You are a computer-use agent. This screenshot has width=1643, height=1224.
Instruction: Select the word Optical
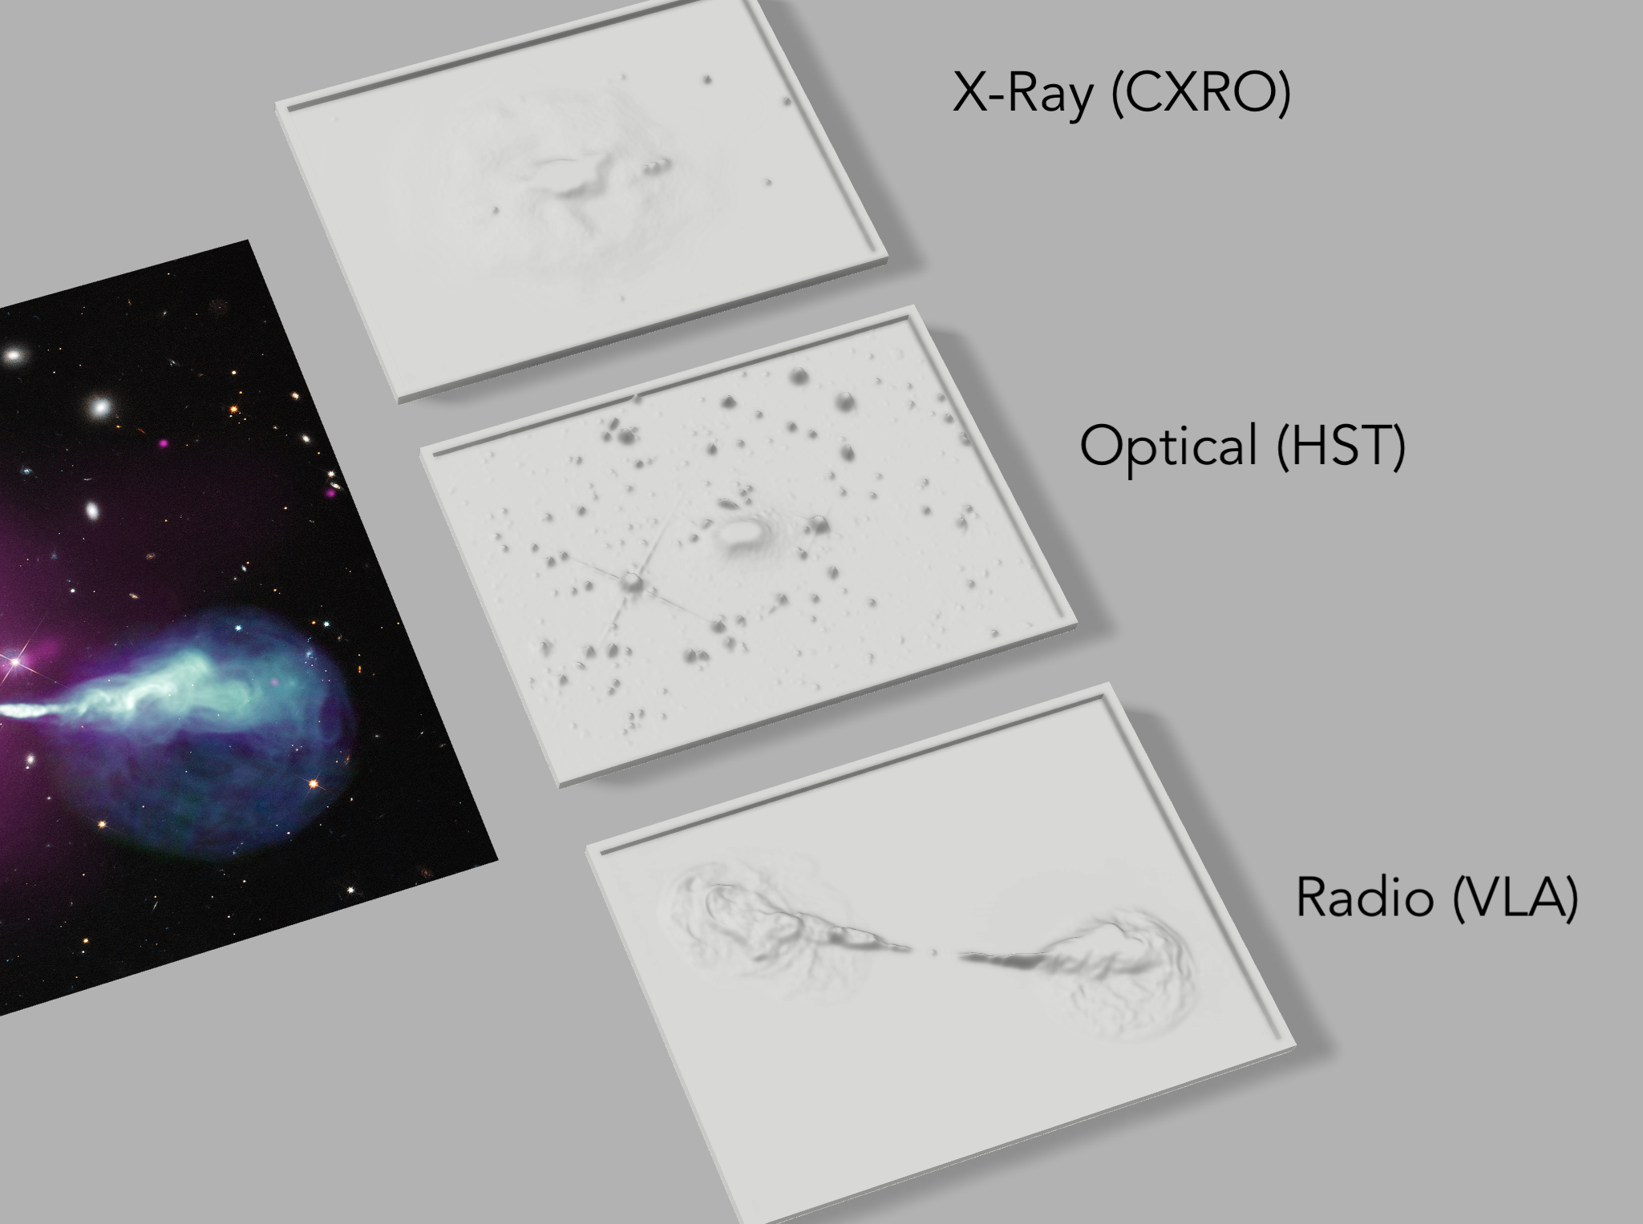coord(1168,446)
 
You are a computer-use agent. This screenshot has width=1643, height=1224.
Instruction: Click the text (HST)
coord(1341,446)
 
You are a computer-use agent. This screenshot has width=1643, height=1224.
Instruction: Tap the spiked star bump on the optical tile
coord(633,580)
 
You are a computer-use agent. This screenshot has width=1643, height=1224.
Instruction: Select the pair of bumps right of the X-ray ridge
coord(655,166)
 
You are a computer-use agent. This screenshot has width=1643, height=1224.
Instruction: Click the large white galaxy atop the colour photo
coord(100,407)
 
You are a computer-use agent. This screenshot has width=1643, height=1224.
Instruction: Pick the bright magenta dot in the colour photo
coord(163,442)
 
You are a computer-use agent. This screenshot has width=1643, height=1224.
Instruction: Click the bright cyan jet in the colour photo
coord(120,693)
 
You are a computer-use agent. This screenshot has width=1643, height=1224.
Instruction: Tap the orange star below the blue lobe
coord(314,783)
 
